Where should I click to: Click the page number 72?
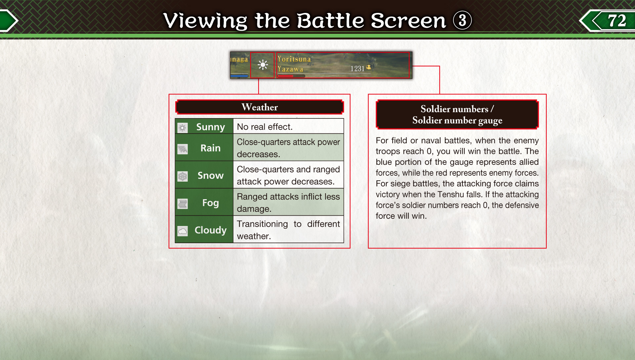point(617,21)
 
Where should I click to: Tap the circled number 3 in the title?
point(462,20)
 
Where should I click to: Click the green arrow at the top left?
point(8,21)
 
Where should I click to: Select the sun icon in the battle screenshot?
point(263,65)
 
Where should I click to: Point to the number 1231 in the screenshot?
point(357,68)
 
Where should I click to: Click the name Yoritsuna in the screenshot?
point(294,59)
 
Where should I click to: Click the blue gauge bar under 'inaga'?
point(239,76)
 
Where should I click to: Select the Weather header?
point(260,107)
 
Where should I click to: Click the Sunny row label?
point(211,127)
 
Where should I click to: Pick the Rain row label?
point(211,148)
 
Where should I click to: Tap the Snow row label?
point(211,175)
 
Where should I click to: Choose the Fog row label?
point(211,203)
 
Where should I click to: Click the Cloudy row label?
point(211,230)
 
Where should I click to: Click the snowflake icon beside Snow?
point(183,176)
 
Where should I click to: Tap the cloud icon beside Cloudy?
point(183,231)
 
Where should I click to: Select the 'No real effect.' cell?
point(288,126)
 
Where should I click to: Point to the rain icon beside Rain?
point(183,149)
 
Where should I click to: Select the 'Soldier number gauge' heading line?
point(457,120)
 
